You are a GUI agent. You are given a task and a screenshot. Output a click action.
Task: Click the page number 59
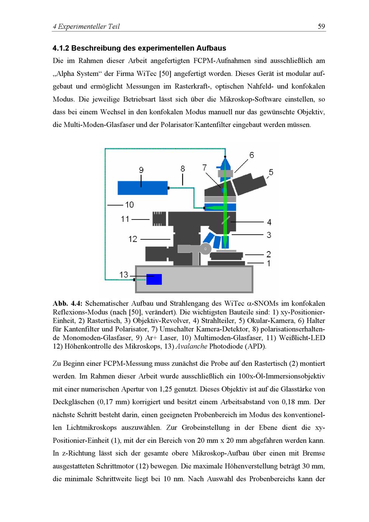tap(321, 27)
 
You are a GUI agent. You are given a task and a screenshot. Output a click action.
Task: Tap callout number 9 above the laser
tap(141, 170)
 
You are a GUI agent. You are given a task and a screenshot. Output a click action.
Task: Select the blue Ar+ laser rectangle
tap(142, 188)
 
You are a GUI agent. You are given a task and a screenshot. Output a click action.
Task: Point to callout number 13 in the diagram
tap(124, 275)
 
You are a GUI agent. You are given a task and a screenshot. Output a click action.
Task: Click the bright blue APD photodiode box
tap(154, 279)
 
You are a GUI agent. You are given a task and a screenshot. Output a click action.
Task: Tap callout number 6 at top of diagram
tap(251, 155)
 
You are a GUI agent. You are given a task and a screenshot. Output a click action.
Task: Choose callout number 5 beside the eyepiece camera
tap(271, 172)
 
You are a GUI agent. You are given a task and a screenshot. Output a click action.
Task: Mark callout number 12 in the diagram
tap(132, 239)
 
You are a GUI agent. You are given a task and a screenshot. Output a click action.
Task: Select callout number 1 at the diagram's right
tap(269, 263)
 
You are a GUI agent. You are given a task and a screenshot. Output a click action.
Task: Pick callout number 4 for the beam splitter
tap(269, 222)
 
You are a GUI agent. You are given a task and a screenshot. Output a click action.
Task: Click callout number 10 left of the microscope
tap(129, 204)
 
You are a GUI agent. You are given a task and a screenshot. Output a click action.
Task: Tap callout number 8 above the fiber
tap(183, 169)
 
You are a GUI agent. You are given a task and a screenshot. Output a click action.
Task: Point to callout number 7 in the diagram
tap(204, 167)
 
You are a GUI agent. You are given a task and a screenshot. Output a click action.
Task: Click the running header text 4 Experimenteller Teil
tap(86, 27)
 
